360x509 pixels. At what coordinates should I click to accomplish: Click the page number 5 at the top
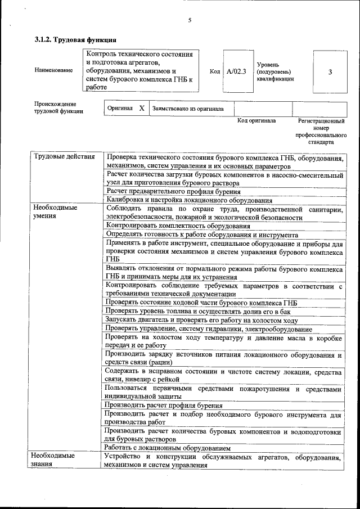pyautogui.click(x=190, y=20)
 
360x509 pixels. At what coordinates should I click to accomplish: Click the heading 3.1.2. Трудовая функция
pyautogui.click(x=75, y=40)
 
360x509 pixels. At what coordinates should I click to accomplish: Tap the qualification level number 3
pyautogui.click(x=330, y=72)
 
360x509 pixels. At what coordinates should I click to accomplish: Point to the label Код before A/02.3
pyautogui.click(x=214, y=72)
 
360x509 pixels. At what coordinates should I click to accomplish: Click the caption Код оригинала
pyautogui.click(x=256, y=121)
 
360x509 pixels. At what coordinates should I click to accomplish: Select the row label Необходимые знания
pyautogui.click(x=54, y=461)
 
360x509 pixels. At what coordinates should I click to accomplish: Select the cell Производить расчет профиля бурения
pyautogui.click(x=164, y=406)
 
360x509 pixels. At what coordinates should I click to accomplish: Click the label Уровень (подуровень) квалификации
pyautogui.click(x=275, y=72)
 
